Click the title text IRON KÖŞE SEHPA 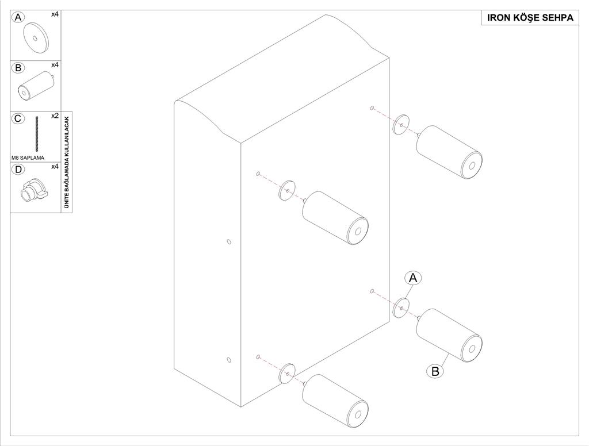530,18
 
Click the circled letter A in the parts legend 18,17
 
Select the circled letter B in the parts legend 18,68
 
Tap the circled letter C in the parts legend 18,118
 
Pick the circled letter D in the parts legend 18,170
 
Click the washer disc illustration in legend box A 36,38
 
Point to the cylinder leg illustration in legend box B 37,86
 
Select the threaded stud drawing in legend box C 37,134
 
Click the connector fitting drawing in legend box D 34,190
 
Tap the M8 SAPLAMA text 28,157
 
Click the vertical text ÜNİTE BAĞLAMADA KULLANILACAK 67,162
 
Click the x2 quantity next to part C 55,116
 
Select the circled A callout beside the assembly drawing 413,278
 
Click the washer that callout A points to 401,308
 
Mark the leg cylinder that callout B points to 449,335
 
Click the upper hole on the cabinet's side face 229,241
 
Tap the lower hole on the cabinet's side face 229,360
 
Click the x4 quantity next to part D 55,166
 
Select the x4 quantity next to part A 55,14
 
